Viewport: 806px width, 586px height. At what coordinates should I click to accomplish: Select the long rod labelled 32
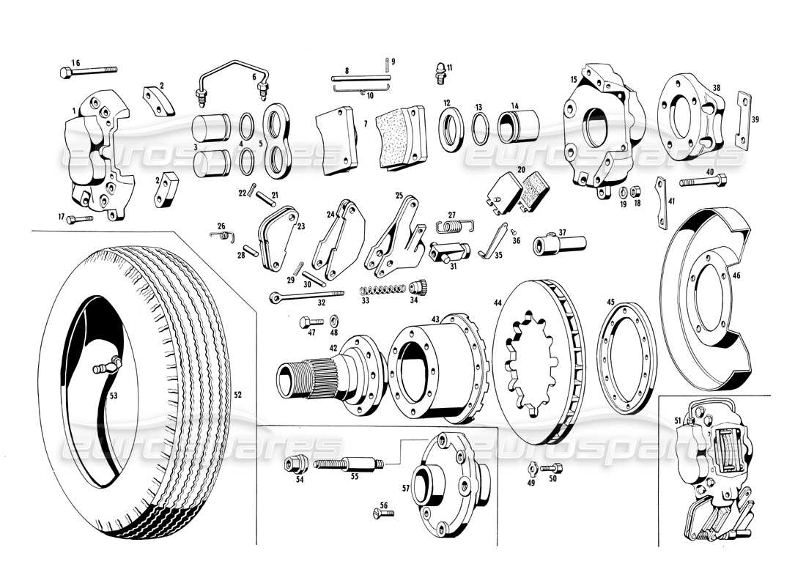(x=305, y=294)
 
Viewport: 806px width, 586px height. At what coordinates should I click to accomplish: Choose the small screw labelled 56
(x=381, y=516)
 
